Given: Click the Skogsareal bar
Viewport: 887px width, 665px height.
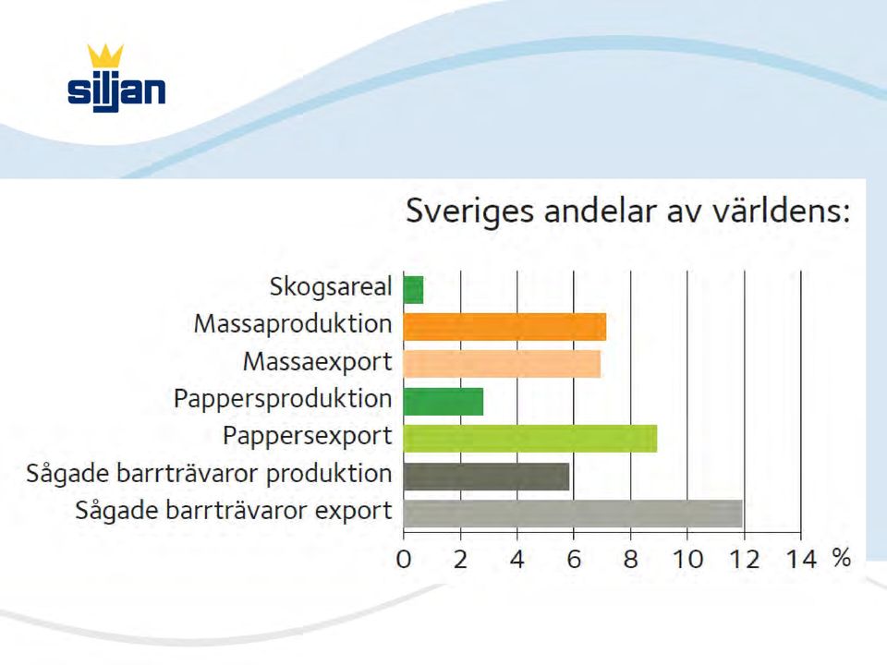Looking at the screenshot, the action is [414, 289].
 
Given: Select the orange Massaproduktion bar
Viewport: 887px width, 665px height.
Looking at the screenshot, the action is [505, 327].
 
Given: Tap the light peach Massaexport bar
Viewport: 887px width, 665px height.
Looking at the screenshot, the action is [503, 364].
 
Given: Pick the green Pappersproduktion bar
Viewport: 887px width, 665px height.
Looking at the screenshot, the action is [443, 402].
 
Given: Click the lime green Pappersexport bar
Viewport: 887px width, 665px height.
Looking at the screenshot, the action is [530, 439].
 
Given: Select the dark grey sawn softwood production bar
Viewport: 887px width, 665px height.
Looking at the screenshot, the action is [487, 477].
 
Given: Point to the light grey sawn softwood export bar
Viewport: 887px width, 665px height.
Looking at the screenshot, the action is [573, 514].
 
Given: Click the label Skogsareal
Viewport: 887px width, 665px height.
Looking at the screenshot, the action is [331, 287].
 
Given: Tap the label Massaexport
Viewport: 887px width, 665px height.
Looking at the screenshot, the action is [317, 362].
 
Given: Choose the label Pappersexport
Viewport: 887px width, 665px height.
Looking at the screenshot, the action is [307, 437].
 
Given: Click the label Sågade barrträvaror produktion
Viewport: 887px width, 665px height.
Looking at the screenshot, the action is [210, 473].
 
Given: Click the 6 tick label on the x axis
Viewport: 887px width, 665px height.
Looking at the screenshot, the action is [574, 560].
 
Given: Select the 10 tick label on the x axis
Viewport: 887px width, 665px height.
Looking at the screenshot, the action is [687, 560].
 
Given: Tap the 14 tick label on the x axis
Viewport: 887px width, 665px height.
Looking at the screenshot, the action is [801, 560].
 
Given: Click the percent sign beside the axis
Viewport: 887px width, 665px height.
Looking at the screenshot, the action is [842, 558].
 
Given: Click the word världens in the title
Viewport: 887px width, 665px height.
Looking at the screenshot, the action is [781, 211].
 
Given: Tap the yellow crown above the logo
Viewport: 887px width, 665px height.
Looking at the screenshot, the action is [105, 56].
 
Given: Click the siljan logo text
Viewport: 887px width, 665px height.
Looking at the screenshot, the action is [116, 91].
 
